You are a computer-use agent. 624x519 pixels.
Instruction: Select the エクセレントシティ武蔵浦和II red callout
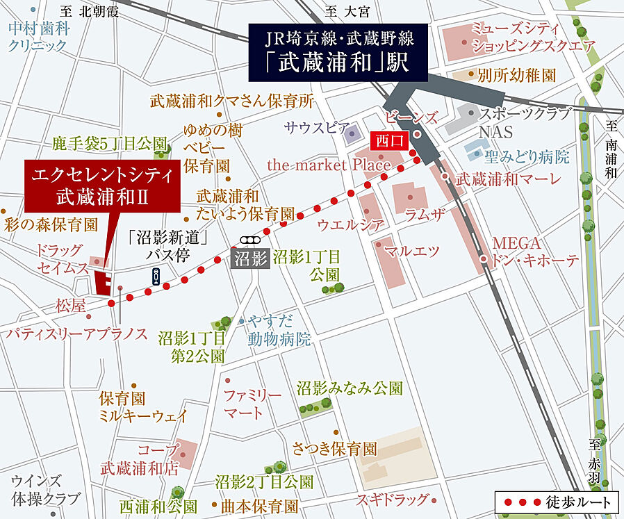[x=102, y=185]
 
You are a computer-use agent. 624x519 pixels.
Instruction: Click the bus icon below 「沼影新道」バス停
[x=156, y=277]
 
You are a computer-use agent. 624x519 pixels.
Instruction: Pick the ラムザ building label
[x=425, y=215]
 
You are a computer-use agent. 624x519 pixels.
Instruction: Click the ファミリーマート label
[x=252, y=404]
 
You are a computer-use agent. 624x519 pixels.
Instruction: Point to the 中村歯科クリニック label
[x=38, y=38]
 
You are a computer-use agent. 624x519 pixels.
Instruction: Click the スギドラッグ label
[x=393, y=499]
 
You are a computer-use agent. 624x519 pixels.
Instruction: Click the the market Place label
[x=329, y=165]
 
